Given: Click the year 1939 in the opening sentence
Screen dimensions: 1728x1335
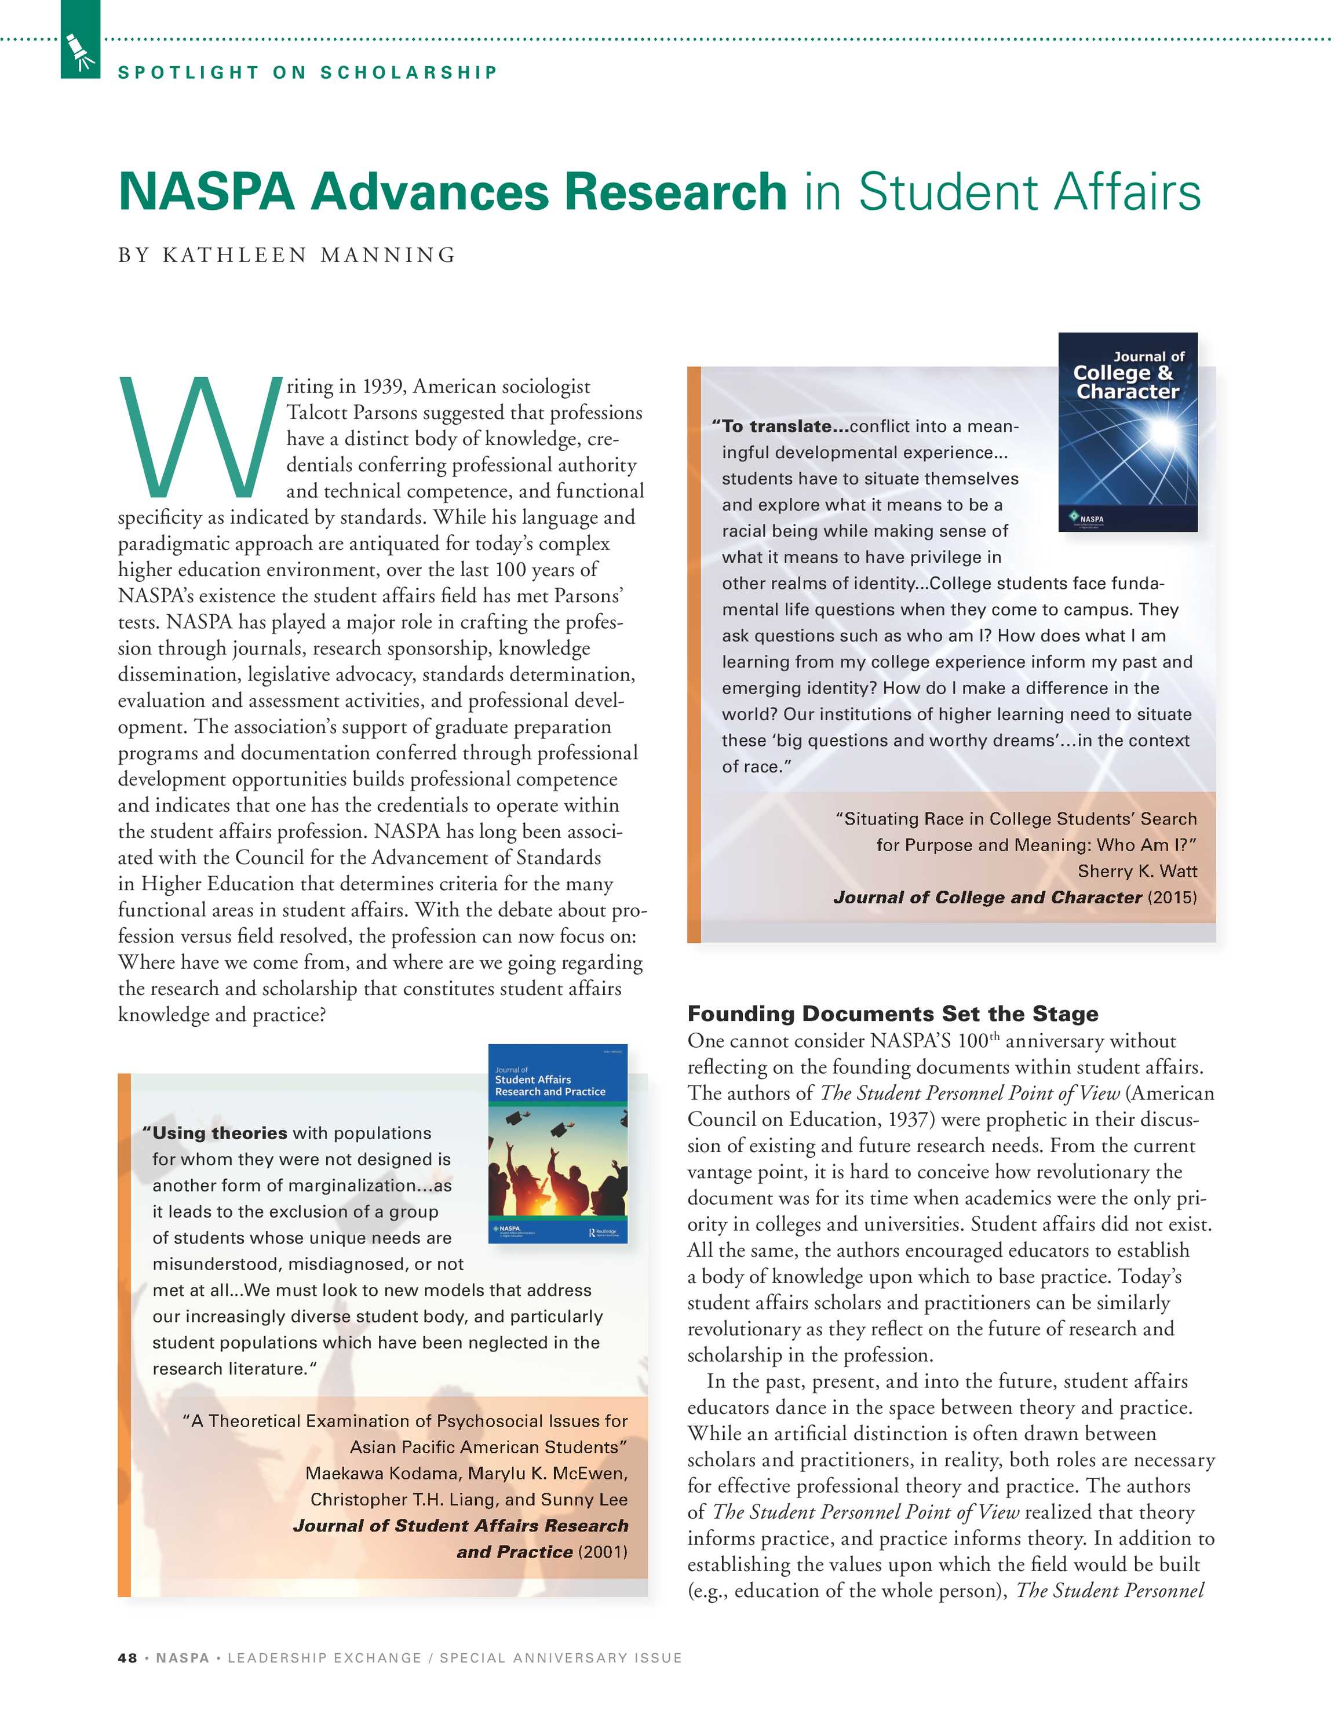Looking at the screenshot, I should coord(384,387).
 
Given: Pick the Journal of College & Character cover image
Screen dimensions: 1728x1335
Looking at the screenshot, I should coord(1127,432).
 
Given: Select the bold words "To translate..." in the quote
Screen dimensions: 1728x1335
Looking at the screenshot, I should coord(780,426).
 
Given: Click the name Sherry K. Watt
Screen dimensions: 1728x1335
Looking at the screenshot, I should coord(1137,871).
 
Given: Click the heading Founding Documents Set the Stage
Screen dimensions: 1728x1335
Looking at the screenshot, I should coord(893,1014).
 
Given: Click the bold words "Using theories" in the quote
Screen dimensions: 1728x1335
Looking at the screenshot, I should coord(215,1133).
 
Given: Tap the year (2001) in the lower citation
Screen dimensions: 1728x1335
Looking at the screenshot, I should coord(603,1552).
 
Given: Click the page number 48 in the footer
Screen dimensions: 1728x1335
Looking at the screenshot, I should coord(127,1657).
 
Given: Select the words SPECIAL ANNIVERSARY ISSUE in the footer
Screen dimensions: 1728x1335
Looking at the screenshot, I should coord(560,1657).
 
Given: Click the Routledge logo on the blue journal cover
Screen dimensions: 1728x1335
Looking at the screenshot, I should coord(603,1233).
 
